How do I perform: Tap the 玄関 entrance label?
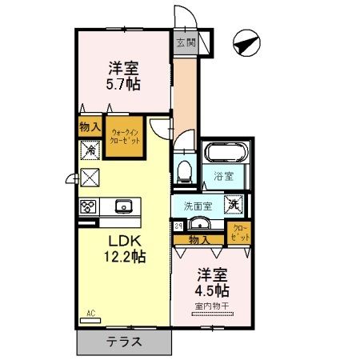click(186, 42)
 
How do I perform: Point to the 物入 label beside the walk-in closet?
click(90, 126)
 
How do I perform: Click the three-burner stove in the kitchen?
click(88, 206)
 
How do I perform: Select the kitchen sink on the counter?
click(124, 207)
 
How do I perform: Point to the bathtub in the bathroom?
click(228, 153)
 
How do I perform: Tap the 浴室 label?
click(223, 175)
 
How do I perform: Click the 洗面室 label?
click(198, 206)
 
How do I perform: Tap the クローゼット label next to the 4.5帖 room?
click(240, 233)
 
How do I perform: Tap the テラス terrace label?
click(124, 342)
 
